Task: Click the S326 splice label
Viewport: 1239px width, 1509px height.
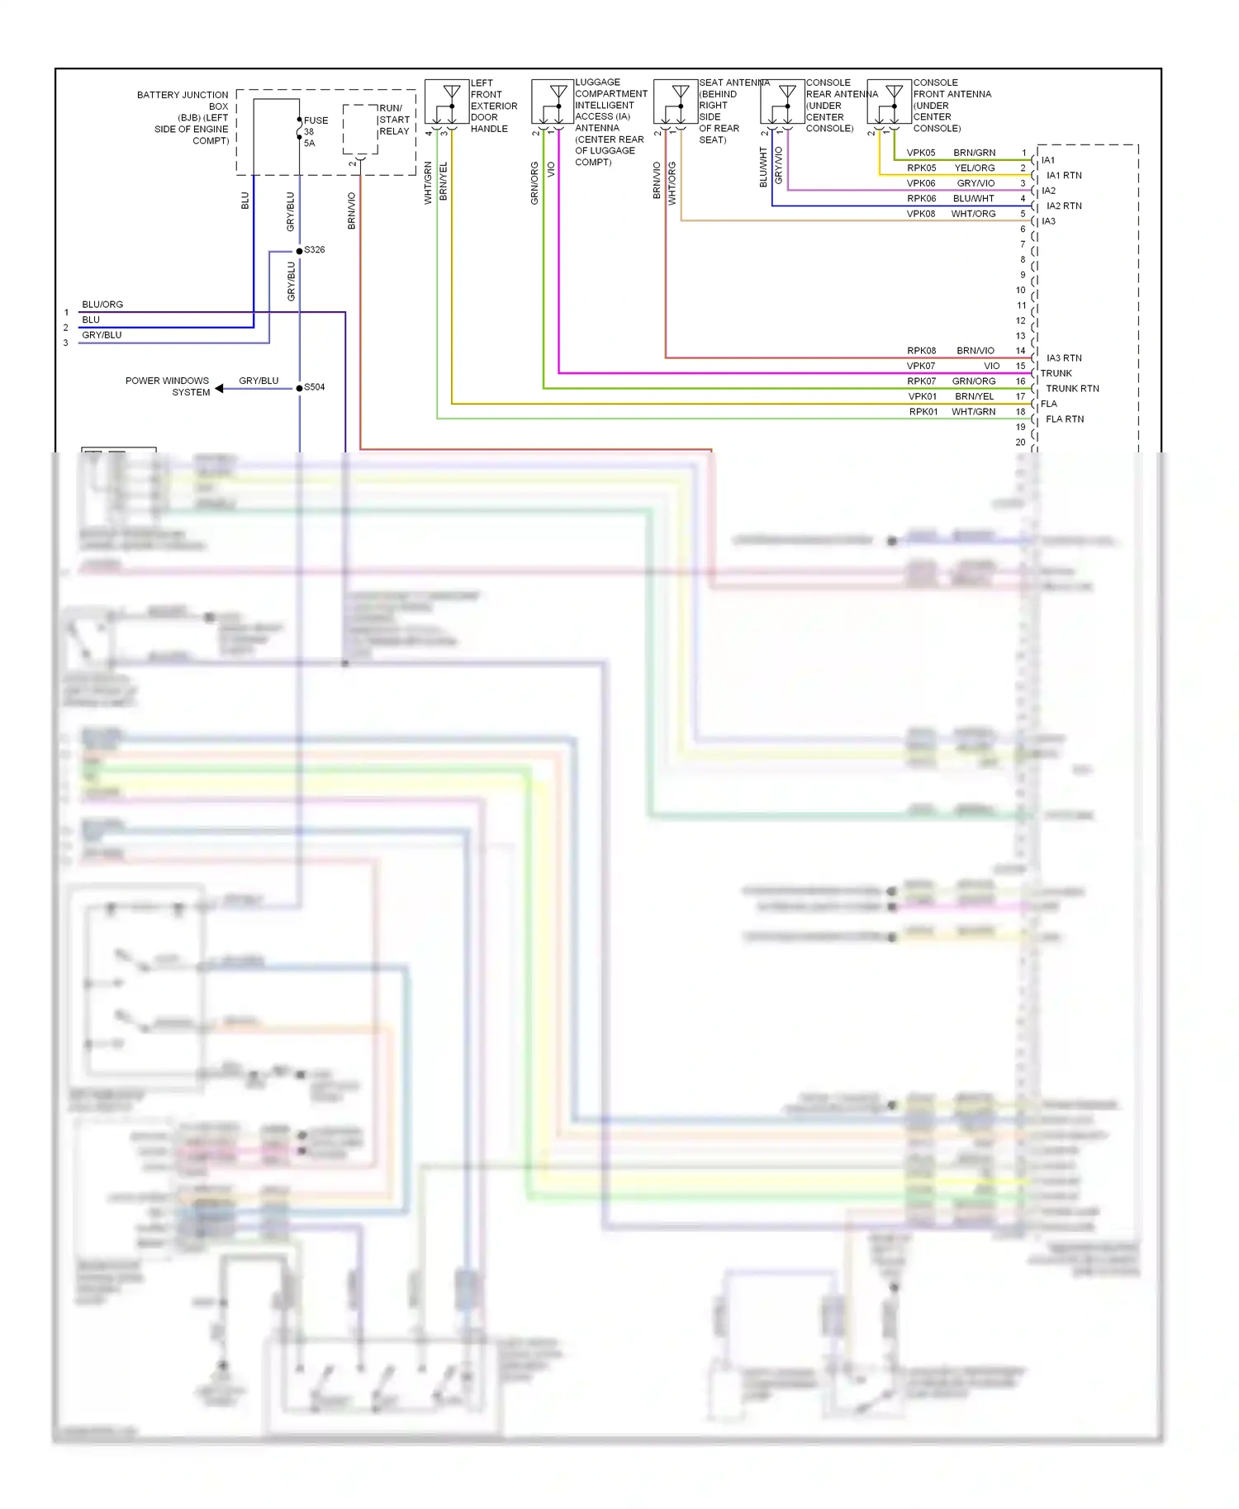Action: pos(315,249)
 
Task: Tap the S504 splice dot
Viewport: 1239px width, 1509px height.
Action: pos(299,388)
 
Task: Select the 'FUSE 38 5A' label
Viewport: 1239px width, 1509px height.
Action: pos(315,132)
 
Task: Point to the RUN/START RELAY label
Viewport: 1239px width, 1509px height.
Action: pos(394,120)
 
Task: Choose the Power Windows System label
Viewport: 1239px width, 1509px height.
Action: pos(168,386)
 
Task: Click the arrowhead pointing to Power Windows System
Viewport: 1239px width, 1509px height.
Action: pos(220,388)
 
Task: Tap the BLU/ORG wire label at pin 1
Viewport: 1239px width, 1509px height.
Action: pos(102,305)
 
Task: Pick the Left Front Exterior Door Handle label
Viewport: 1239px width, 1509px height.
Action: pos(493,106)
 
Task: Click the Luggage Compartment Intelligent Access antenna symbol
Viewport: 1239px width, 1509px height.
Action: pos(553,102)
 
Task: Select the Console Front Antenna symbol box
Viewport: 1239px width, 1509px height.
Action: pos(889,102)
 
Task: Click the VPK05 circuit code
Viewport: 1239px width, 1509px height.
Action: pos(921,153)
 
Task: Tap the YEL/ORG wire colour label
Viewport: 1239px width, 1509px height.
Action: pos(975,168)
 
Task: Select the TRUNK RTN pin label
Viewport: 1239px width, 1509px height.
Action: pos(1072,389)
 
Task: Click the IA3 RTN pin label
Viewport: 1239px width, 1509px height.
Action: pos(1064,358)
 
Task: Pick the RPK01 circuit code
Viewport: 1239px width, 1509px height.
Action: pos(923,412)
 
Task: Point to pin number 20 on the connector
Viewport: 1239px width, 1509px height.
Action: pos(1020,442)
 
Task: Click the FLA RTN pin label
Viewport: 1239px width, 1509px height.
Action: pos(1065,419)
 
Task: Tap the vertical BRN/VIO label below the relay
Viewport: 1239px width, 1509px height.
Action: pos(352,211)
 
